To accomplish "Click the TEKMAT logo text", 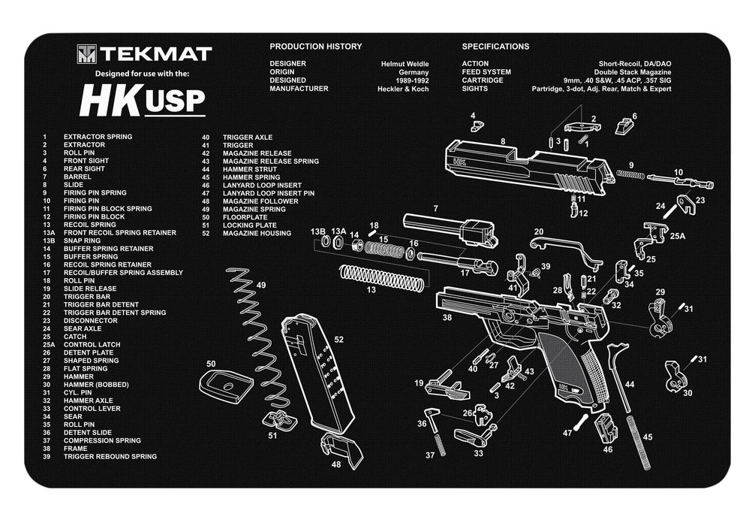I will click(157, 54).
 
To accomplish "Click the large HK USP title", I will click(142, 101).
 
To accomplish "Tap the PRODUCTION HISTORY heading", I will click(315, 47).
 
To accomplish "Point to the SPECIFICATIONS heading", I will click(495, 47).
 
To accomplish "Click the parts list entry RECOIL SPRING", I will click(89, 225).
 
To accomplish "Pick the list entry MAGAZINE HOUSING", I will click(257, 233).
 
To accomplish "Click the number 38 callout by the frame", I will click(447, 318).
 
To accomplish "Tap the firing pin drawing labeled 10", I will click(679, 181).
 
